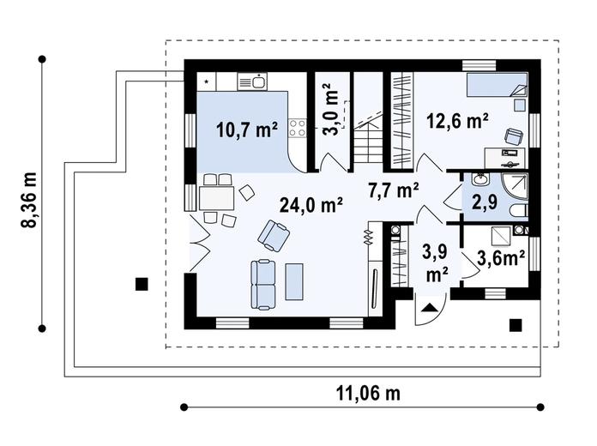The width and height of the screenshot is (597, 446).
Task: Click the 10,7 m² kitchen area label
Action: tap(247, 130)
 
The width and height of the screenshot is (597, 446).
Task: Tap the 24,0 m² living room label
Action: tap(311, 205)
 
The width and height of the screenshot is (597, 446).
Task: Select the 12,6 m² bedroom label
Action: tap(457, 122)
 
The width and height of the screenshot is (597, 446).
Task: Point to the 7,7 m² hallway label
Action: tap(394, 190)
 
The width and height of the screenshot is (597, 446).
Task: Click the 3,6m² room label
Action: tap(501, 258)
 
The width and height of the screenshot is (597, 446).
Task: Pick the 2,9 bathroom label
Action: tap(485, 202)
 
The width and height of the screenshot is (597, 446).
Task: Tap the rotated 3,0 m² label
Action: tap(329, 109)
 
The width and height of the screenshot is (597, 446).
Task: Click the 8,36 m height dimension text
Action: tap(29, 200)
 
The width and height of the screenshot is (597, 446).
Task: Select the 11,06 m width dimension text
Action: tap(368, 393)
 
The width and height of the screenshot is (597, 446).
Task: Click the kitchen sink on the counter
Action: tap(252, 81)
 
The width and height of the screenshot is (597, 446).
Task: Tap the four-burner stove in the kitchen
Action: tap(298, 128)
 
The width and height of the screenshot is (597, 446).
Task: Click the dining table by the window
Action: tap(216, 198)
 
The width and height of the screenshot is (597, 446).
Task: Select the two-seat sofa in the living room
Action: tap(262, 285)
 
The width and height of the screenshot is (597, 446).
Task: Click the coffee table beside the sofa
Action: tap(295, 282)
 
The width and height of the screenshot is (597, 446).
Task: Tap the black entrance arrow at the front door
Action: tap(430, 308)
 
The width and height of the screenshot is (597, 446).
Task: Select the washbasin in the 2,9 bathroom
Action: tap(481, 179)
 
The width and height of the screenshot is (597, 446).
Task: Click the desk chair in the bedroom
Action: tap(514, 136)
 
